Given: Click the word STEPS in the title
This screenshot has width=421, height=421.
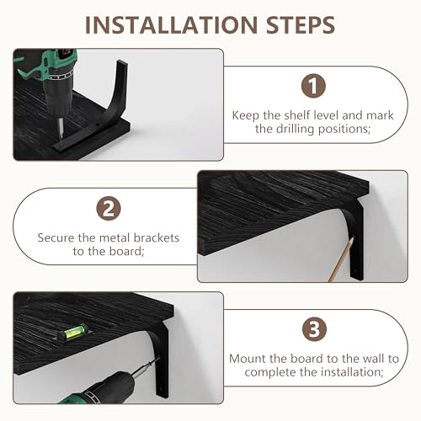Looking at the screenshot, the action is pos(301,25).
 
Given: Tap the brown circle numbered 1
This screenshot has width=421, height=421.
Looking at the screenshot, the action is pos(313,86).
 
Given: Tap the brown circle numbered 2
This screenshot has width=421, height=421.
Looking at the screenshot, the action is pos(109,208).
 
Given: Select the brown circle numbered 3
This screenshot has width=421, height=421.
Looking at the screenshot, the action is pos(314,329).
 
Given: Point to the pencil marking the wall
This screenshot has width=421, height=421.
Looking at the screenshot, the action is pos(341,259).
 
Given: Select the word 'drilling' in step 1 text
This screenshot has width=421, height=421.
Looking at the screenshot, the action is pos(295,129).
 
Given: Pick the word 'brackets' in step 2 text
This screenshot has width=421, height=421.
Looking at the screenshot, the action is pos(157,237).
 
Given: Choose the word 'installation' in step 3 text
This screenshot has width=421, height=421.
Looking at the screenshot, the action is pos(352,372).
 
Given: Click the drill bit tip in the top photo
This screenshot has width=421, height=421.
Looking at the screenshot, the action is pos(61,137).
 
